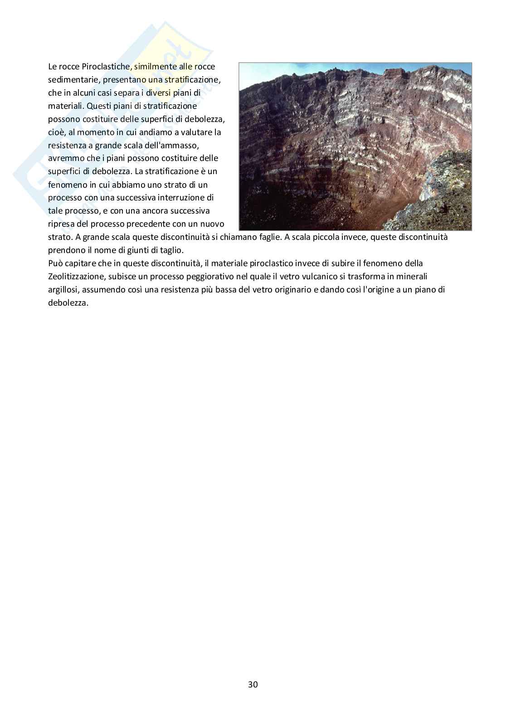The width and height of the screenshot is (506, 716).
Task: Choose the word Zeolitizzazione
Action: (77, 277)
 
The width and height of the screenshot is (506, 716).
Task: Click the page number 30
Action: (253, 685)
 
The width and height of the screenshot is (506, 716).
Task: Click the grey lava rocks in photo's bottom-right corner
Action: (435, 200)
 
